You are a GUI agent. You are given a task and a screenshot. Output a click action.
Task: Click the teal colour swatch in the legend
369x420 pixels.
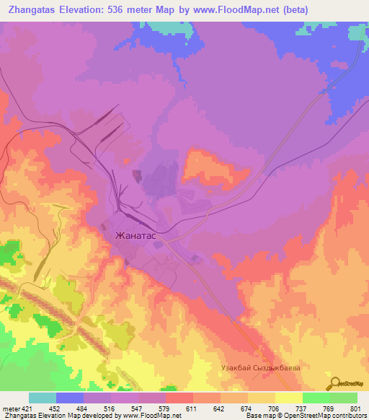(43, 398)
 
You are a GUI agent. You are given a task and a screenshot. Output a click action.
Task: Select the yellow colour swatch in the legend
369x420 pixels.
(289, 398)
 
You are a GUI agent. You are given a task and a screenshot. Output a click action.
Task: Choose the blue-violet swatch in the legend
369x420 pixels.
(70, 398)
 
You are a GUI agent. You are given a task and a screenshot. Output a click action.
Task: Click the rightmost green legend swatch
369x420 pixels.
(344, 398)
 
